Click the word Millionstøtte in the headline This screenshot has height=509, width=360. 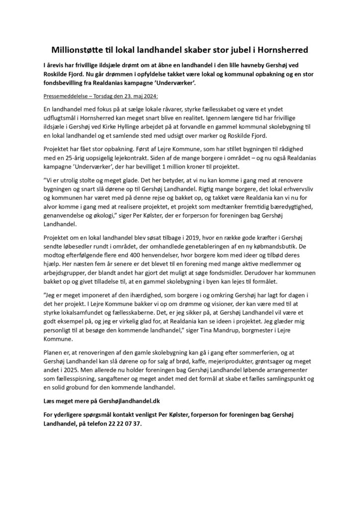pos(85,50)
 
